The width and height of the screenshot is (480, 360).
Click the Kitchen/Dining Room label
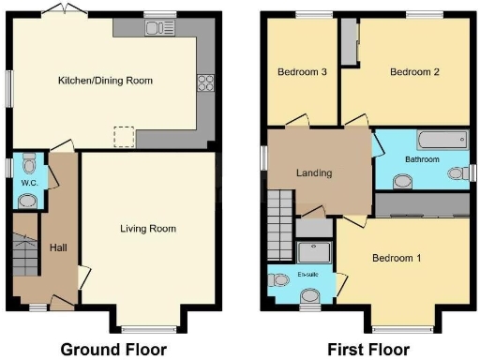(104, 81)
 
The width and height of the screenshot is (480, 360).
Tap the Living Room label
(148, 228)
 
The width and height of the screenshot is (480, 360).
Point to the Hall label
(58, 247)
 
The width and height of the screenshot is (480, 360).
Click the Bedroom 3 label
(302, 72)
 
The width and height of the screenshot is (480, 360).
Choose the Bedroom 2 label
(414, 72)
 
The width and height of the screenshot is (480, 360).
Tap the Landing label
(313, 172)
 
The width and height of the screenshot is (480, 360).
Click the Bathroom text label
(422, 159)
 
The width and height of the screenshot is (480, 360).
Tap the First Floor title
(367, 349)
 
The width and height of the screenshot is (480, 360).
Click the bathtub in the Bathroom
(440, 142)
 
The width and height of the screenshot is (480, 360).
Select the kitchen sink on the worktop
(156, 27)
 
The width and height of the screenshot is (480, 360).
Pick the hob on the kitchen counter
(204, 82)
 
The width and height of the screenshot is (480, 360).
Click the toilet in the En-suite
(308, 296)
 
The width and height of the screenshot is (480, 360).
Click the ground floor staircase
(24, 251)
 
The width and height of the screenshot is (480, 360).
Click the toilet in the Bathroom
(458, 173)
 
